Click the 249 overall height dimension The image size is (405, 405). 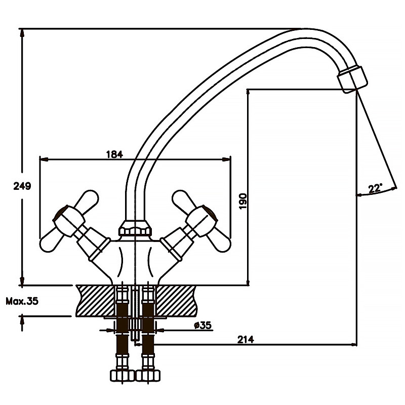click(22, 186)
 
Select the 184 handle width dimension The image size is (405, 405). click(115, 154)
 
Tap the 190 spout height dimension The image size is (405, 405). click(243, 201)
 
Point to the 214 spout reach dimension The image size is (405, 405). click(246, 339)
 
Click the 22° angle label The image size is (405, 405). click(375, 188)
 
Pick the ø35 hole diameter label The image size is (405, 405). click(203, 325)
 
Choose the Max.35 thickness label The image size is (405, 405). click(22, 301)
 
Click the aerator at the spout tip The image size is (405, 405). click(352, 79)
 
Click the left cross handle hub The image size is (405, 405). click(68, 221)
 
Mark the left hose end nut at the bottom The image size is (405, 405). click(123, 376)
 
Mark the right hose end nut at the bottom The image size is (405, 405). click(148, 376)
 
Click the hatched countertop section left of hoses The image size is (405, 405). click(96, 301)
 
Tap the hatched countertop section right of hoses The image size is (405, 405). click(176, 301)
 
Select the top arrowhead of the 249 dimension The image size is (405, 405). click(22, 33)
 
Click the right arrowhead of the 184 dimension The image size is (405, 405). click(226, 159)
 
